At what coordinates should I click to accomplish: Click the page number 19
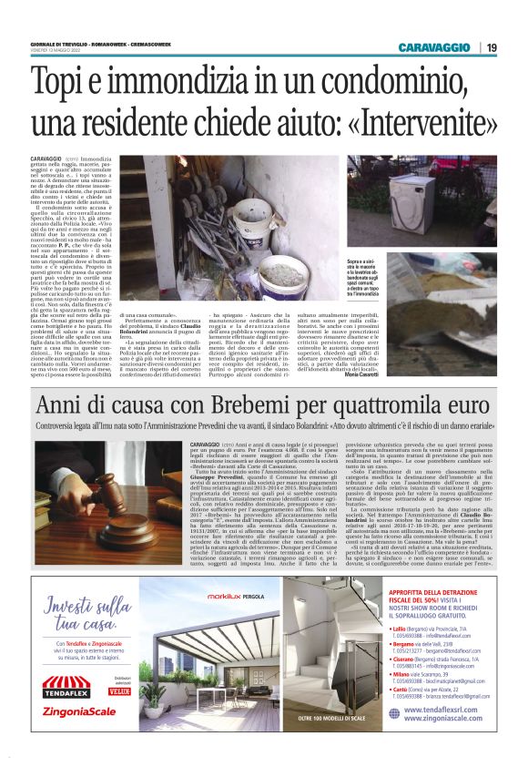click(492, 47)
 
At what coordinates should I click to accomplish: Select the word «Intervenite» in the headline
click(412, 120)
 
